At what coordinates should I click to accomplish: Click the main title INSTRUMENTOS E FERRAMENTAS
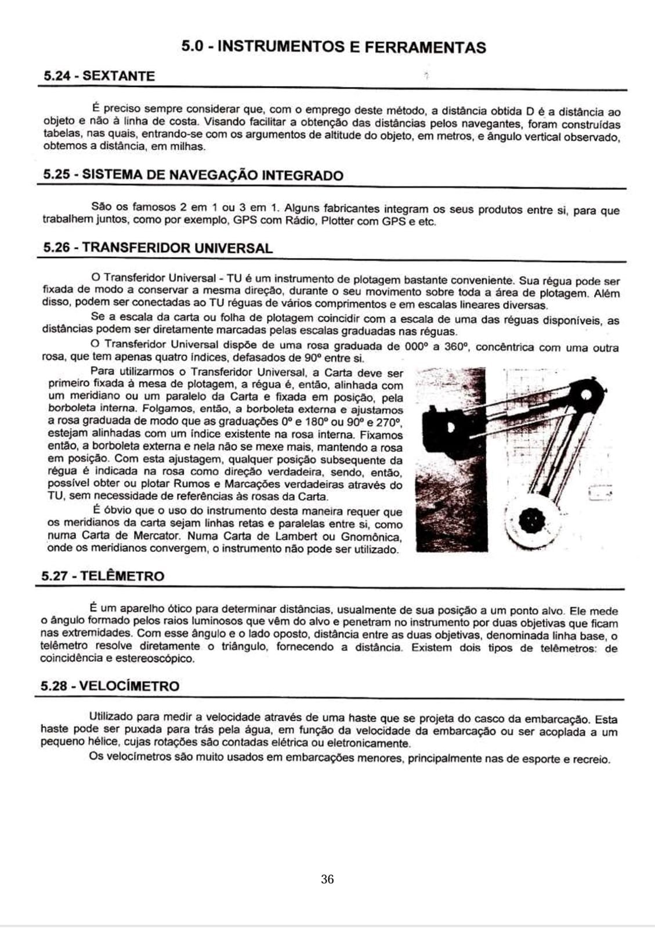point(334,47)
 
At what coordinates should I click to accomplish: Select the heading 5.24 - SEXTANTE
point(99,76)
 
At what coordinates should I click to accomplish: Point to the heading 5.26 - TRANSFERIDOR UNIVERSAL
point(158,248)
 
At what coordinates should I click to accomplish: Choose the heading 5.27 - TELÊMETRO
point(103,576)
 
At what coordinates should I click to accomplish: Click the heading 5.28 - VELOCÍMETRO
point(110,686)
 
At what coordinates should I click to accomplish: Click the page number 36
point(327,879)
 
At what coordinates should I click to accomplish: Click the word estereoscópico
point(157,659)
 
